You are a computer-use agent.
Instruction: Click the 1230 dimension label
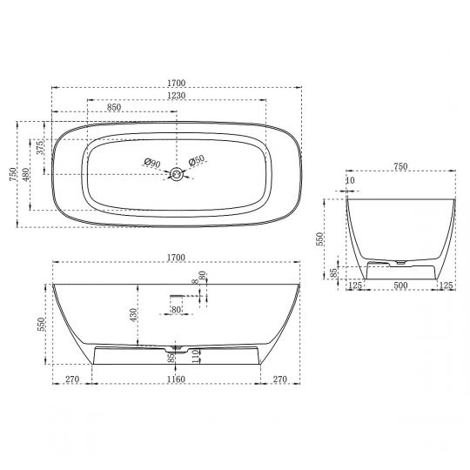(176, 95)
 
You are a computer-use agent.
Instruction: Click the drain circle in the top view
(176, 174)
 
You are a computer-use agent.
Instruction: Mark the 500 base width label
(399, 284)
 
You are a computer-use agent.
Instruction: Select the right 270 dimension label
(279, 379)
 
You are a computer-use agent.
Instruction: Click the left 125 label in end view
(355, 284)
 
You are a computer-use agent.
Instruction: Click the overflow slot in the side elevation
(176, 296)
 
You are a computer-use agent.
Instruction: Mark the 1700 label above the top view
(176, 84)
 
